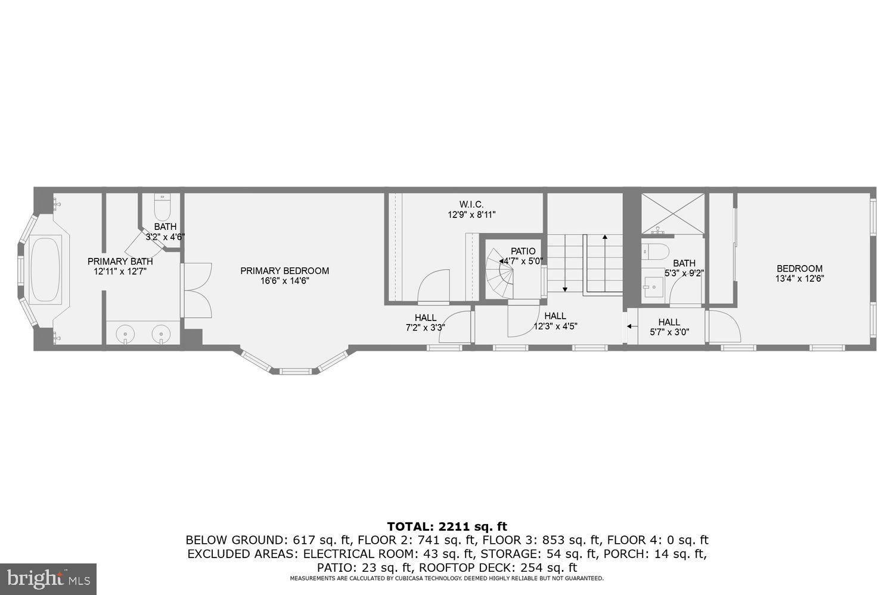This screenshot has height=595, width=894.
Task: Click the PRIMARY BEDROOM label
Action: (284, 271)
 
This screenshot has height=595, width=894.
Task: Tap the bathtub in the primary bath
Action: (46, 269)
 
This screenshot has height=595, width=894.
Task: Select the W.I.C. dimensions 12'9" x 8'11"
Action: (471, 214)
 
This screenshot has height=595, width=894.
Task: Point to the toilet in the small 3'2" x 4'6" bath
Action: (162, 207)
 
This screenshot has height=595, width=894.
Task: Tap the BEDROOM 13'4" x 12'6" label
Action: (799, 269)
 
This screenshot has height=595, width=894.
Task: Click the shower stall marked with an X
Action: (672, 213)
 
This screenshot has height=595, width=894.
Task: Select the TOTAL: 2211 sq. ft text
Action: (446, 527)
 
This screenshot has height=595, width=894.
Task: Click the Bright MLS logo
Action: (48, 578)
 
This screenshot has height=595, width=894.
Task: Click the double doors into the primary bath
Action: (197, 291)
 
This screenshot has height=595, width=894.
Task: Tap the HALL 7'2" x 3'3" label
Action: (425, 318)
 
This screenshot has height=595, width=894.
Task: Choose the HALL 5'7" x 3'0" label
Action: (669, 322)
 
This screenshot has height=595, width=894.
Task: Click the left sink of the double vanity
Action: (126, 334)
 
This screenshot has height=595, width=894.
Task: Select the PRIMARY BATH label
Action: (120, 261)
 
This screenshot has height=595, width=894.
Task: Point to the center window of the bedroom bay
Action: (296, 372)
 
